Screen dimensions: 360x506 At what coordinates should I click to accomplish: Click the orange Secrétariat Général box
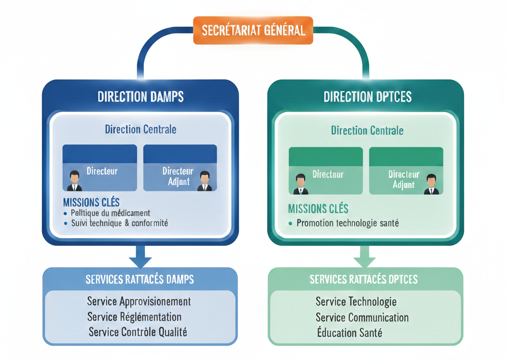point(253,30)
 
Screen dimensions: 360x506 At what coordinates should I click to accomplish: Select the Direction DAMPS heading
point(140,96)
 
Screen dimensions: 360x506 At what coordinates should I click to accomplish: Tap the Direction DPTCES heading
point(367,96)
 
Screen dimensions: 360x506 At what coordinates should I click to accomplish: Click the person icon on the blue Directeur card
point(75,181)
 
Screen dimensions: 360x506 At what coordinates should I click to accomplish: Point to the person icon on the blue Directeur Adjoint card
point(205,181)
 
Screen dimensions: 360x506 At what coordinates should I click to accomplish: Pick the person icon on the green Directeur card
point(300,184)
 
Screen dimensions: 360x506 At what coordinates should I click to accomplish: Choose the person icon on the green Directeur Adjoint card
point(431,184)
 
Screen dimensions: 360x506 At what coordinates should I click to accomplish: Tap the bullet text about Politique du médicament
point(110,213)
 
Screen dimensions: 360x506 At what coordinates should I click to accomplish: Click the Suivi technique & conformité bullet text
point(119,223)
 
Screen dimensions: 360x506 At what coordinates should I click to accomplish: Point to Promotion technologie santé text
point(347,223)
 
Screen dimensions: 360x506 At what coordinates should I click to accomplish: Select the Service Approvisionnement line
point(139,301)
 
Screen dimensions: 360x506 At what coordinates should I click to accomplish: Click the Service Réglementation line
point(134,316)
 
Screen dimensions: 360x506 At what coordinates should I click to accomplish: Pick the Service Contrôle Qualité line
point(138,332)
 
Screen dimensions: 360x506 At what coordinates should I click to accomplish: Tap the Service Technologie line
point(356,301)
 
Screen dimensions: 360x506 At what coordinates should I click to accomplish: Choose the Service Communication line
point(362,317)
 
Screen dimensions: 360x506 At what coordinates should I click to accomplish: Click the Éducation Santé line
point(349,332)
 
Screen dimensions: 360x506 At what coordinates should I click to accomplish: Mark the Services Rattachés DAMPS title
point(140,279)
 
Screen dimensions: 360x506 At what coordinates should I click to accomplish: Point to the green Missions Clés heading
point(318,208)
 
